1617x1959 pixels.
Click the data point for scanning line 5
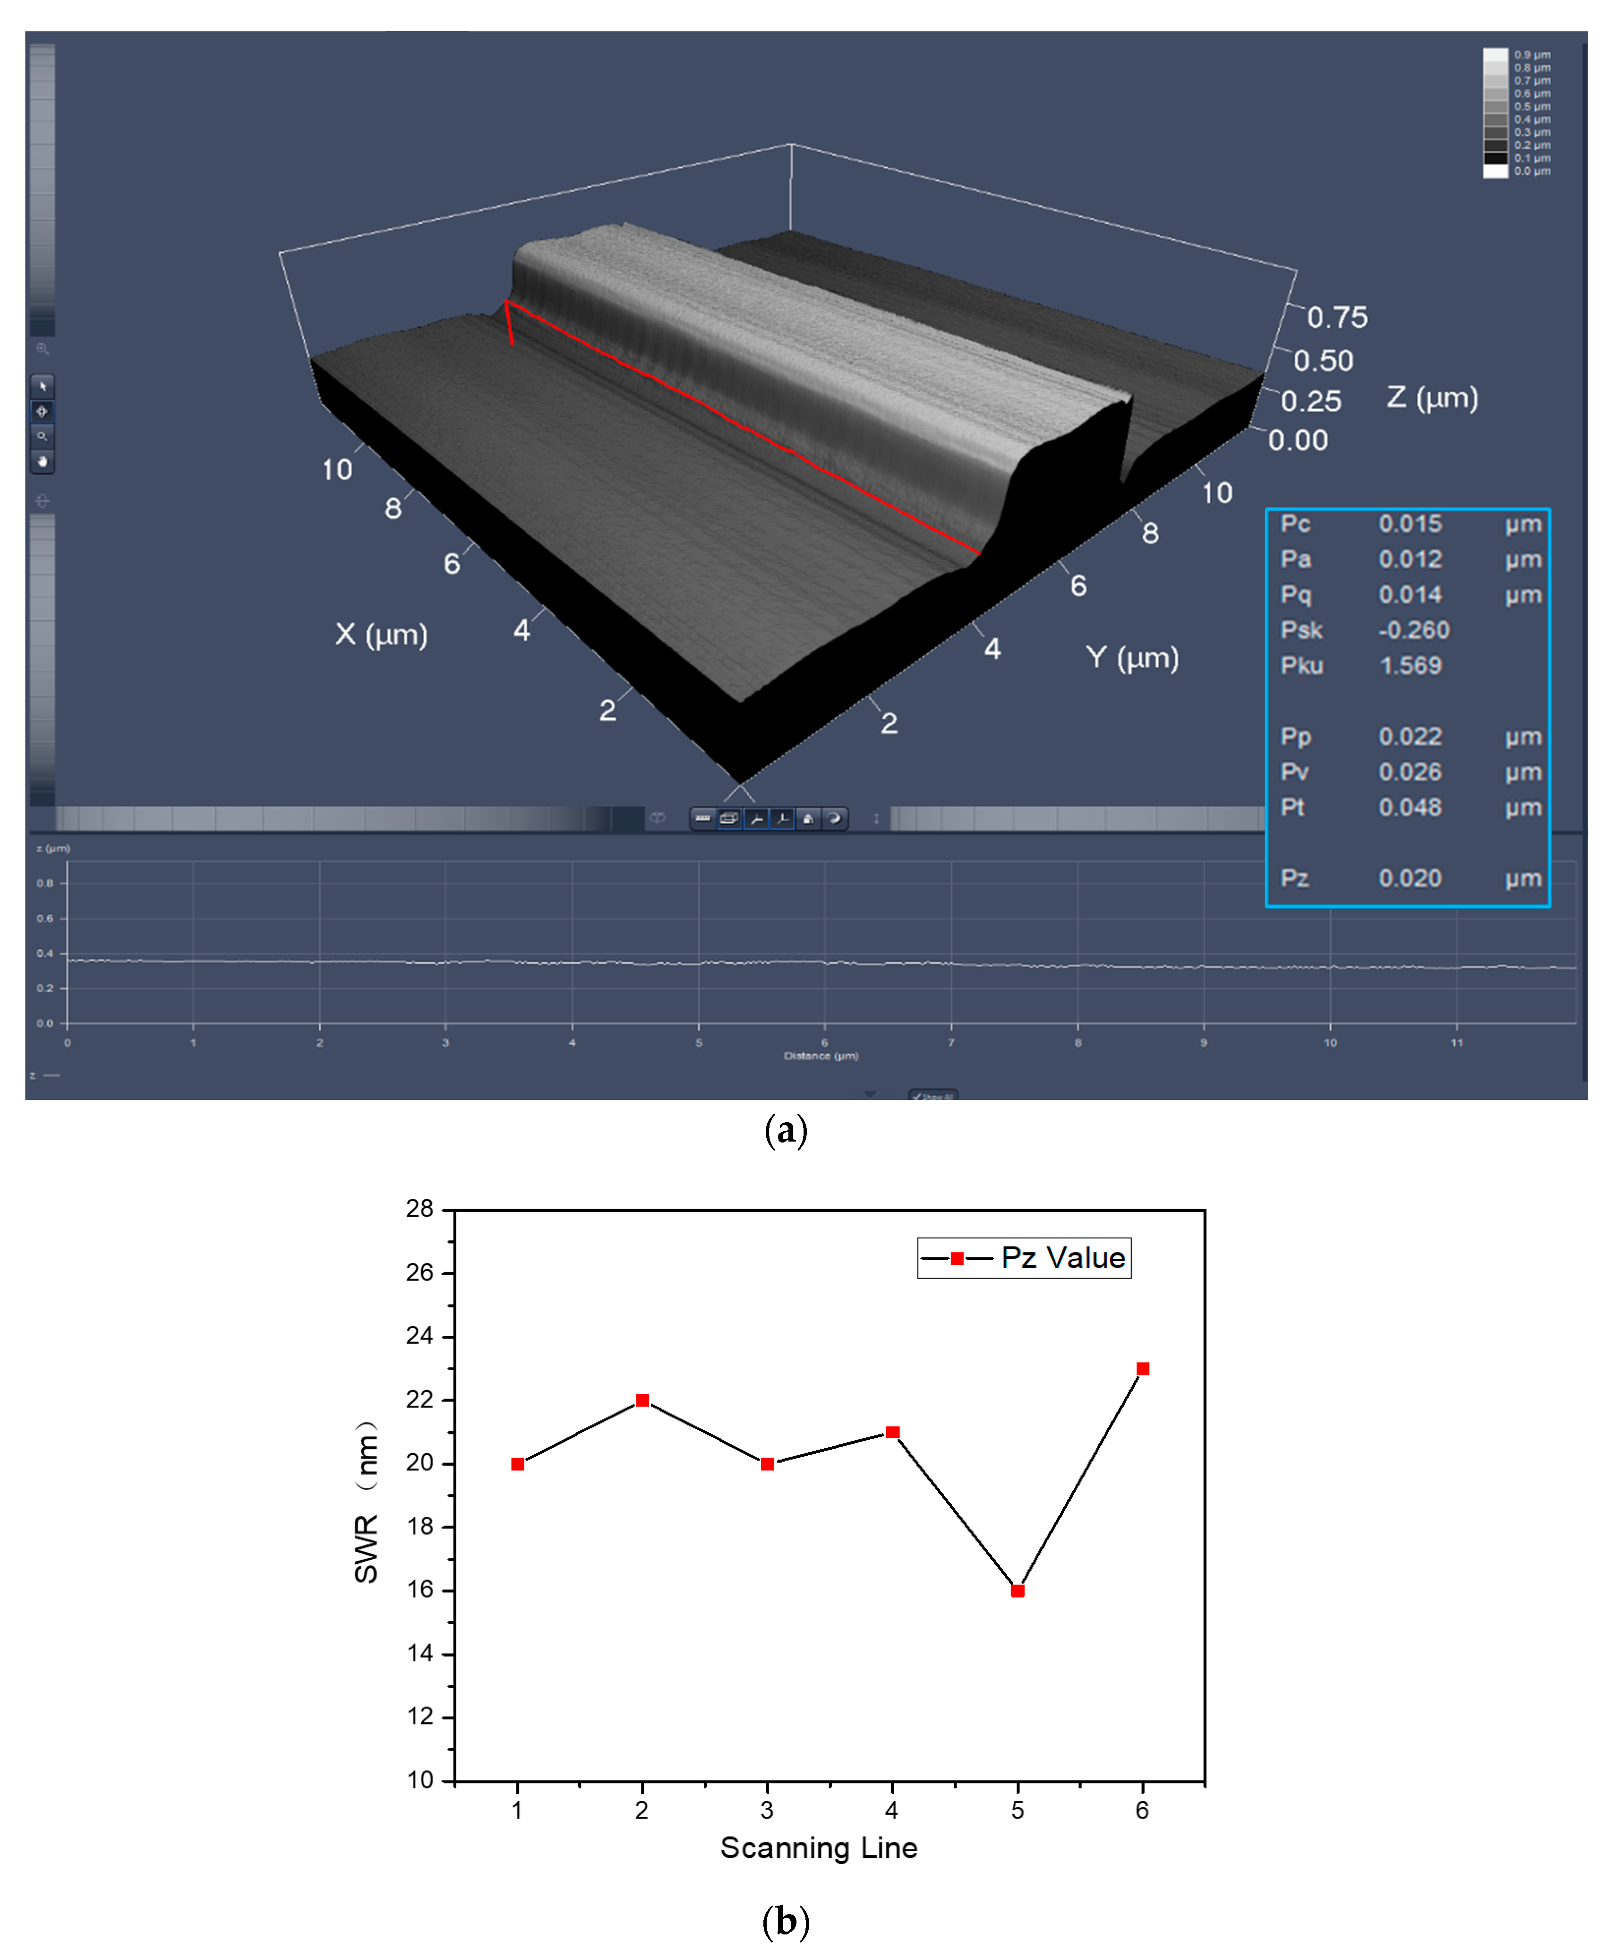pyautogui.click(x=1017, y=1591)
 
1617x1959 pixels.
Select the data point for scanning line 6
pyautogui.click(x=1143, y=1368)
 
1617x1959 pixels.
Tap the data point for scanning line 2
pyautogui.click(x=642, y=1400)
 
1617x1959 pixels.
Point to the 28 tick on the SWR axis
pyautogui.click(x=420, y=1209)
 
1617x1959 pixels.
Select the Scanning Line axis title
pyautogui.click(x=819, y=1848)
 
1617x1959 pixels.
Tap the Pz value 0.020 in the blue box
pyautogui.click(x=1410, y=878)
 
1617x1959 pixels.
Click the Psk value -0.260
pyautogui.click(x=1414, y=631)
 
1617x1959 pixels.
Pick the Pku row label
pyautogui.click(x=1301, y=666)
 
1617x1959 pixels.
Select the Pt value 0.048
pyautogui.click(x=1410, y=808)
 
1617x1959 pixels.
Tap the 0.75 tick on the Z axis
pyautogui.click(x=1336, y=318)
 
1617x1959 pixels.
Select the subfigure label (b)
pyautogui.click(x=785, y=1921)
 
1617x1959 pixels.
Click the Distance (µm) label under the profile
pyautogui.click(x=821, y=1056)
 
